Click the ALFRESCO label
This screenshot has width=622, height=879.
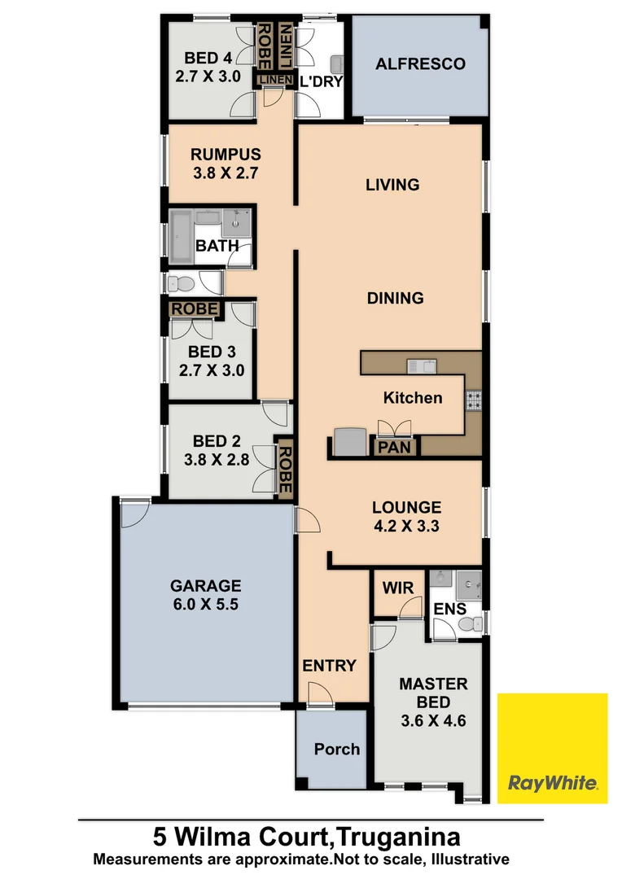[420, 63]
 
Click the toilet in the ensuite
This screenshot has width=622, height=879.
[468, 623]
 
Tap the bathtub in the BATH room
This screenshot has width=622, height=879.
[182, 236]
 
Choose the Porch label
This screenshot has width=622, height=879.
[337, 749]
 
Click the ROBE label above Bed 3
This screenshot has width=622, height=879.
[195, 309]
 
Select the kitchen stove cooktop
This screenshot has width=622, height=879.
[473, 399]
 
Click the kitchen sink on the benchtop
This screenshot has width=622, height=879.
[424, 365]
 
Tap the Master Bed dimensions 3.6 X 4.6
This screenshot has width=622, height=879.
[433, 720]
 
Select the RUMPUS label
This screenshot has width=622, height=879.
[226, 155]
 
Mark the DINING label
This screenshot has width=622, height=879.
[395, 298]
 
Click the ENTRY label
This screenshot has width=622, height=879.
[330, 666]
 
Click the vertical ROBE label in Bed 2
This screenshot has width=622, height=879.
[284, 468]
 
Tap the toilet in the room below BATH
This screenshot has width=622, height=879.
[183, 284]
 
